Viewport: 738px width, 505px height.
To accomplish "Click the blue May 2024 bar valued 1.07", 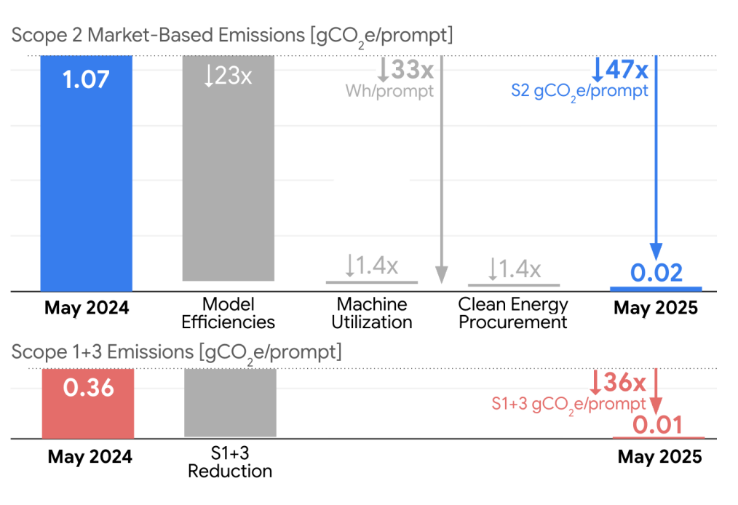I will click(86, 175).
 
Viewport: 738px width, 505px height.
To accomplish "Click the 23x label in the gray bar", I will click(228, 75).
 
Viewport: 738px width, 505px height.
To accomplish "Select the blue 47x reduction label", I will click(620, 71).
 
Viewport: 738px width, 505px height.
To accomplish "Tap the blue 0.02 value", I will click(656, 273).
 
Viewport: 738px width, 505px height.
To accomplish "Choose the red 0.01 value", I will click(658, 424).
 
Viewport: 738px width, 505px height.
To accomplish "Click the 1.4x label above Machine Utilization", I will click(372, 267).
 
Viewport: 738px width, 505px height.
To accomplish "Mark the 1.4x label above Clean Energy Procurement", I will click(514, 270).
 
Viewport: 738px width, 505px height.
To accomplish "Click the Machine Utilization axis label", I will click(372, 313).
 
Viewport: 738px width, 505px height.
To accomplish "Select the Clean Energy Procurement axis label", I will click(513, 313).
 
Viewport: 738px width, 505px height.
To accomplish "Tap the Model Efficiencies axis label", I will click(228, 313).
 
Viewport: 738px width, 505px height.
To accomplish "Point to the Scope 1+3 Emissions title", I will click(176, 352).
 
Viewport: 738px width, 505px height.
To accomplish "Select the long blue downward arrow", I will click(656, 160).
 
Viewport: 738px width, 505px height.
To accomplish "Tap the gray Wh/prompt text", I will click(389, 92).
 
